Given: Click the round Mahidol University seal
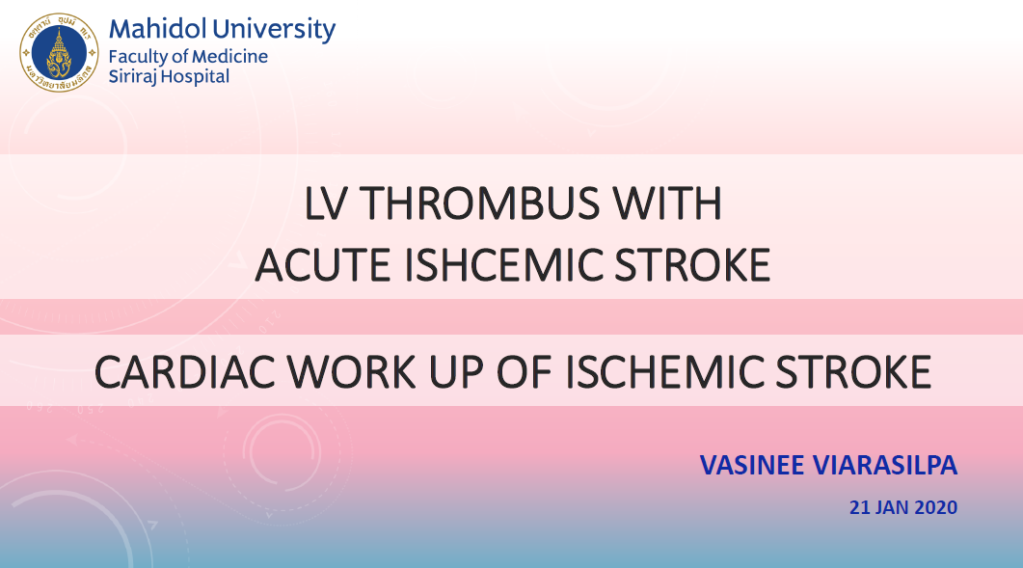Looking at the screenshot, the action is pyautogui.click(x=59, y=52).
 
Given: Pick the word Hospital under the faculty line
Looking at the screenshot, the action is pyautogui.click(x=195, y=77).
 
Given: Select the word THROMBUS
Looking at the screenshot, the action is pyautogui.click(x=479, y=203).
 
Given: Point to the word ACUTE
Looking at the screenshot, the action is pyautogui.click(x=323, y=265).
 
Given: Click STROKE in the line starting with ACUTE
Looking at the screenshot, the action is pyautogui.click(x=692, y=265).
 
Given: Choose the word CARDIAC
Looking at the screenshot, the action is pyautogui.click(x=184, y=372).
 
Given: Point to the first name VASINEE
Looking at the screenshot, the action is pyautogui.click(x=752, y=466).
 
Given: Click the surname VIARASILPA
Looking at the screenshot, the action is pyautogui.click(x=885, y=466).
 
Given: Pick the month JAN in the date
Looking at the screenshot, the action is pyautogui.click(x=891, y=507).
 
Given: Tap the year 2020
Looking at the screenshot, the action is pyautogui.click(x=935, y=507).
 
